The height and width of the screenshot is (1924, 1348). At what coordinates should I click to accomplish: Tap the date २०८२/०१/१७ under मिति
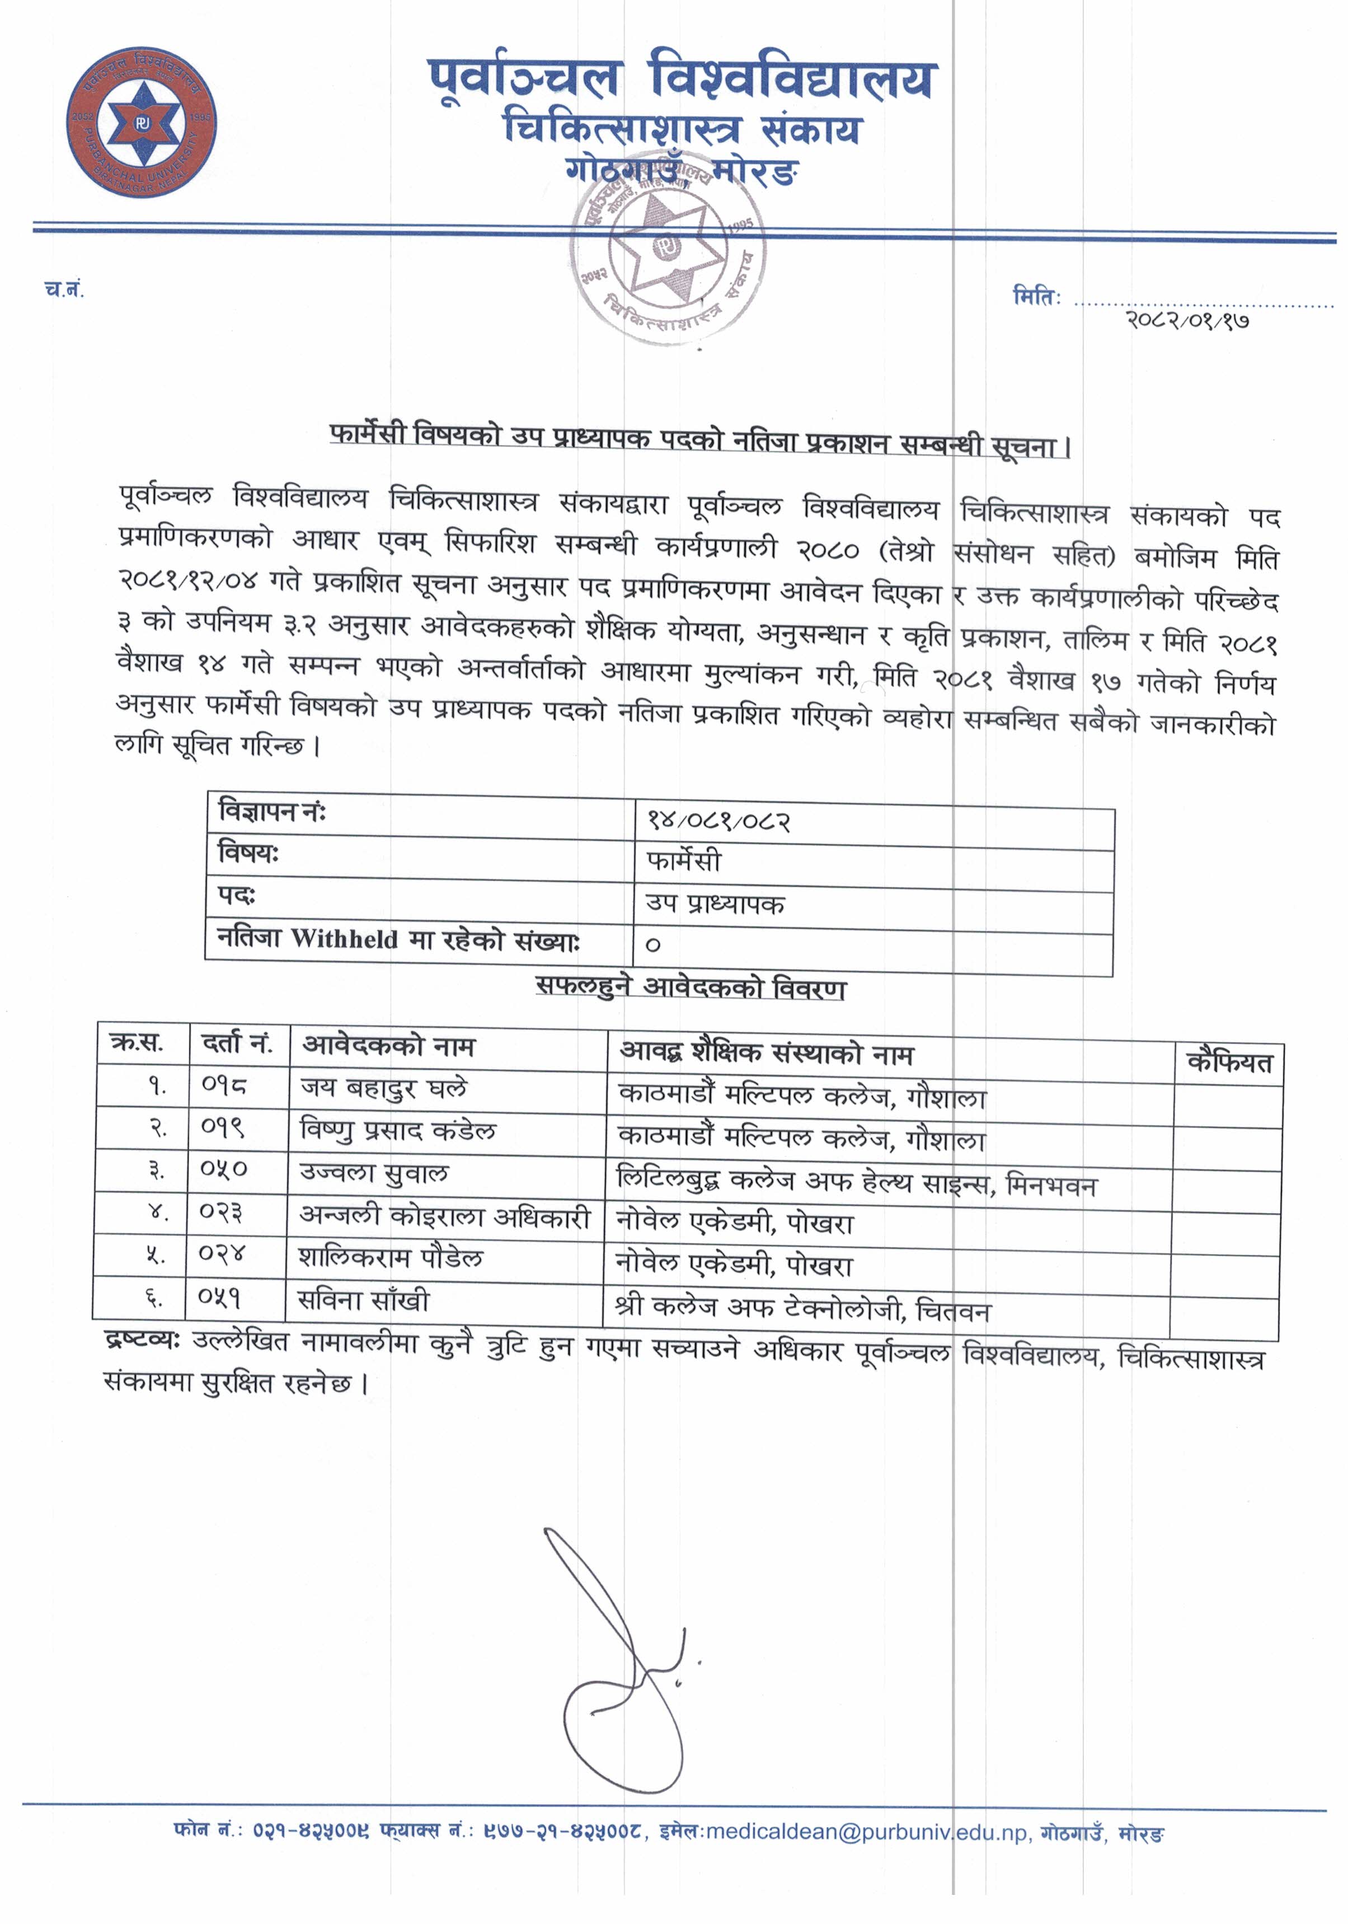click(1187, 319)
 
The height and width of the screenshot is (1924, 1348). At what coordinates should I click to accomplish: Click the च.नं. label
click(64, 290)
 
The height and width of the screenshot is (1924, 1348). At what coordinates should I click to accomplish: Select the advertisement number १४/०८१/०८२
click(718, 819)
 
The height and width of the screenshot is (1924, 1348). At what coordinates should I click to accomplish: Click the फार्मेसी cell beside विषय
click(683, 860)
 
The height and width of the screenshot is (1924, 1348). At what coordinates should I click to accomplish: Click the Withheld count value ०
click(652, 944)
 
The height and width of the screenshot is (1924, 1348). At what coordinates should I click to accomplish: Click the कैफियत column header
click(1228, 1062)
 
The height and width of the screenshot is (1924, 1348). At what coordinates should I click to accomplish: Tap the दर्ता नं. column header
click(237, 1044)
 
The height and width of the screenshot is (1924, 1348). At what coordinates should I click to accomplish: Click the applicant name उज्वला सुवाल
click(374, 1172)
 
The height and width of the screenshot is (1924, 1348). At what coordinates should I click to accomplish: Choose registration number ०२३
click(221, 1212)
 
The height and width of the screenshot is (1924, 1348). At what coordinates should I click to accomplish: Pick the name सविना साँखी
click(364, 1300)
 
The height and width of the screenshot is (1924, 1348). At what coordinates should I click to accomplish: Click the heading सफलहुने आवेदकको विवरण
click(691, 989)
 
